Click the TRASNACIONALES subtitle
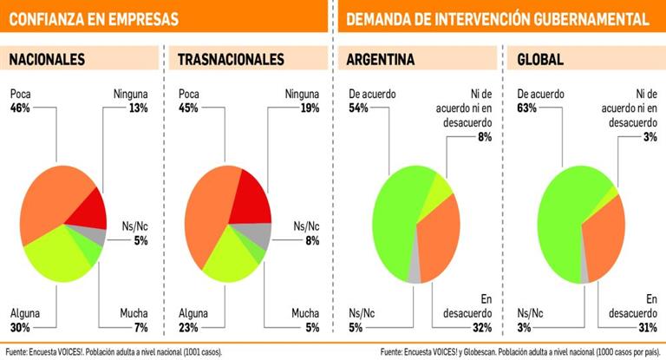click(x=231, y=60)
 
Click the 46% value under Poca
click(x=20, y=108)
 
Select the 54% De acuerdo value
click(x=357, y=108)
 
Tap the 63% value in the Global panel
click(x=526, y=108)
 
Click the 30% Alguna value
click(x=20, y=327)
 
